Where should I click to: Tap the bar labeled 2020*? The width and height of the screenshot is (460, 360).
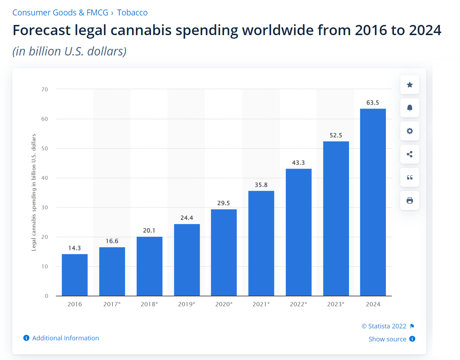pos(224,253)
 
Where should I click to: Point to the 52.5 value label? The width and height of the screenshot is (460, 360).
pos(336,135)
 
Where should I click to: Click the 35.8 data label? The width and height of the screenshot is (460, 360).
pos(261,185)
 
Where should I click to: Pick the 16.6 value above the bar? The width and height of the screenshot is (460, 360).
pos(112,241)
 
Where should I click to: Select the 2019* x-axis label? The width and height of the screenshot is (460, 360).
pos(186,304)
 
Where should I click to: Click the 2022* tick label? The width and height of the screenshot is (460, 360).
pos(298,304)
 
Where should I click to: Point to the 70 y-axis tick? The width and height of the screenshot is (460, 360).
pos(45,90)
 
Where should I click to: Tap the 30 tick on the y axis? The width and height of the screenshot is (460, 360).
pos(45,208)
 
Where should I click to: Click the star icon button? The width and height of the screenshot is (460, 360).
pos(410,85)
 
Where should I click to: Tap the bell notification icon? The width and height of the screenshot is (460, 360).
pos(410,108)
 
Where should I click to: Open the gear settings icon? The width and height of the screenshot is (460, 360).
pos(410,131)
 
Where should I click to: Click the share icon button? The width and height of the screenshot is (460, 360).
pos(410,154)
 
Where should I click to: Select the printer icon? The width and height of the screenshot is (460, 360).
pos(410,201)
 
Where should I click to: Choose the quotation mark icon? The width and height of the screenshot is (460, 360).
pos(410,177)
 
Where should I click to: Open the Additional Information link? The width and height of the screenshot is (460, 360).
pos(65,338)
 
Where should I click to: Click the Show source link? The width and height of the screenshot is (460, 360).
pos(387,339)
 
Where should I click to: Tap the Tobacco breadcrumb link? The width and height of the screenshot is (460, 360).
pos(132,13)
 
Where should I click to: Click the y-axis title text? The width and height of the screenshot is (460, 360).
pos(34,192)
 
